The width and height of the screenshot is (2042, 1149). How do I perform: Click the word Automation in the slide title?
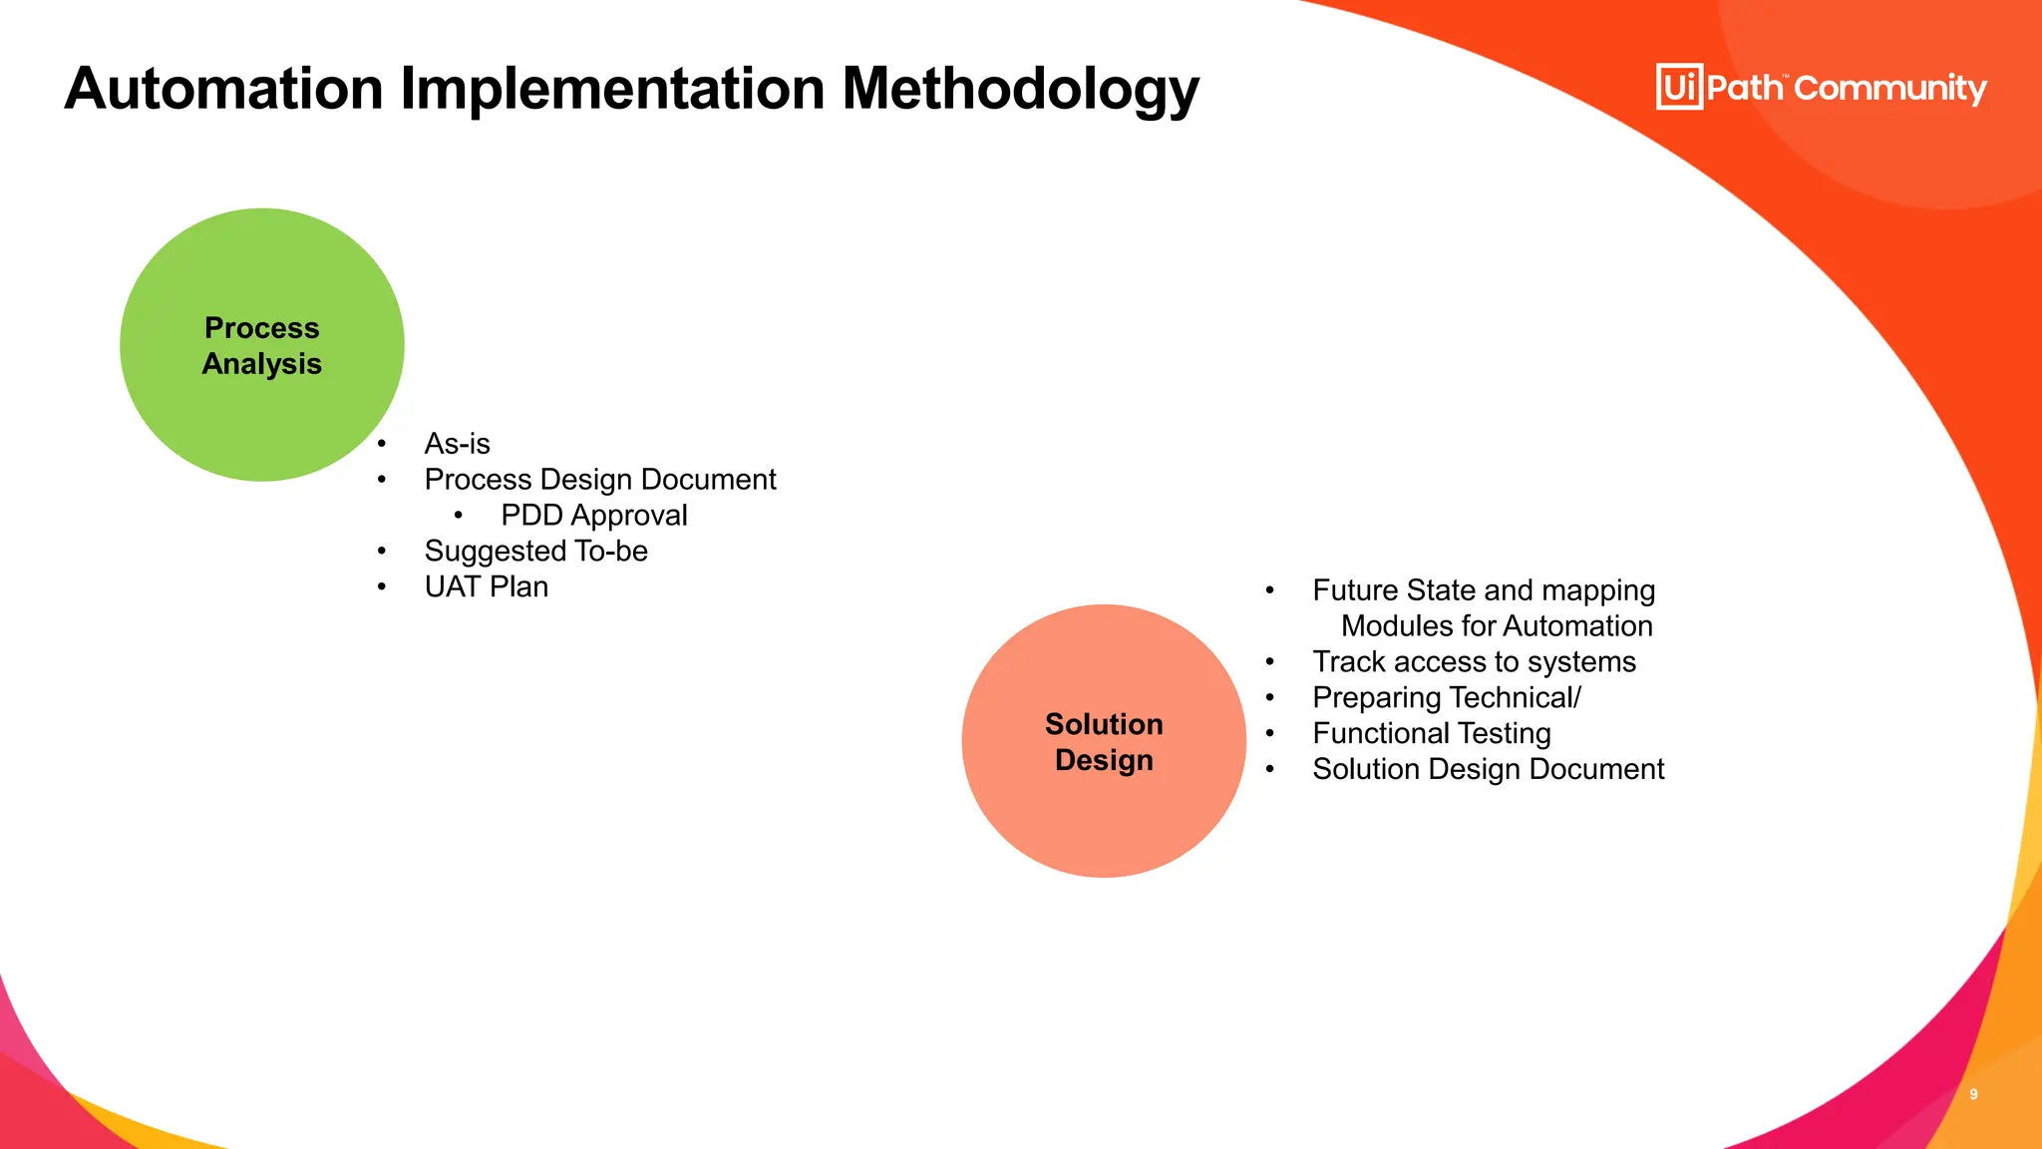click(x=224, y=90)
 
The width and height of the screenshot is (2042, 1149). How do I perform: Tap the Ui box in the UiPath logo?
click(x=1679, y=87)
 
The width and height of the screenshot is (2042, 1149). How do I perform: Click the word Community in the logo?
click(x=1890, y=89)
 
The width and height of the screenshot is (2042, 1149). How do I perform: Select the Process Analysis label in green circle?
click(x=262, y=346)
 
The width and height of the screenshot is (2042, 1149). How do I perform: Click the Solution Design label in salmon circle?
click(x=1104, y=742)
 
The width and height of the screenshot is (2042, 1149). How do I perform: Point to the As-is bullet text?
click(x=457, y=444)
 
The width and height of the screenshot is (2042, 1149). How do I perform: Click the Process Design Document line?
click(x=599, y=480)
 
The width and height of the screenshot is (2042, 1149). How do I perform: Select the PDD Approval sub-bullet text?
click(x=593, y=516)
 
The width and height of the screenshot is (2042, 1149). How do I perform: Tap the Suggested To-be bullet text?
click(x=535, y=552)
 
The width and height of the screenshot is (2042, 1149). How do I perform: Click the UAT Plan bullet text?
click(x=486, y=587)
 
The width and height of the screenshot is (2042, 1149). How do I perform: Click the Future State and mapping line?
click(x=1483, y=590)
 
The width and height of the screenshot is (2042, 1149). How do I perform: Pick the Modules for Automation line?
click(x=1496, y=626)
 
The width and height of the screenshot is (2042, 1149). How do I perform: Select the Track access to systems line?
click(x=1474, y=662)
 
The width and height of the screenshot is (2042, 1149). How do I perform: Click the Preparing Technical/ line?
click(x=1446, y=698)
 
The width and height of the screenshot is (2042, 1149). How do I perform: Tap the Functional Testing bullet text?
click(x=1431, y=734)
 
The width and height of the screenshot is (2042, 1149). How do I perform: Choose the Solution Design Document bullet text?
click(x=1488, y=770)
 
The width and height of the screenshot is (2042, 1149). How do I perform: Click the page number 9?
click(x=1973, y=1094)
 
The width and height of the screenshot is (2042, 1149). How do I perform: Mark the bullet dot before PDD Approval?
click(x=459, y=516)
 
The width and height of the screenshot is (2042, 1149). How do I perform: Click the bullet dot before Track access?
click(x=1270, y=662)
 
